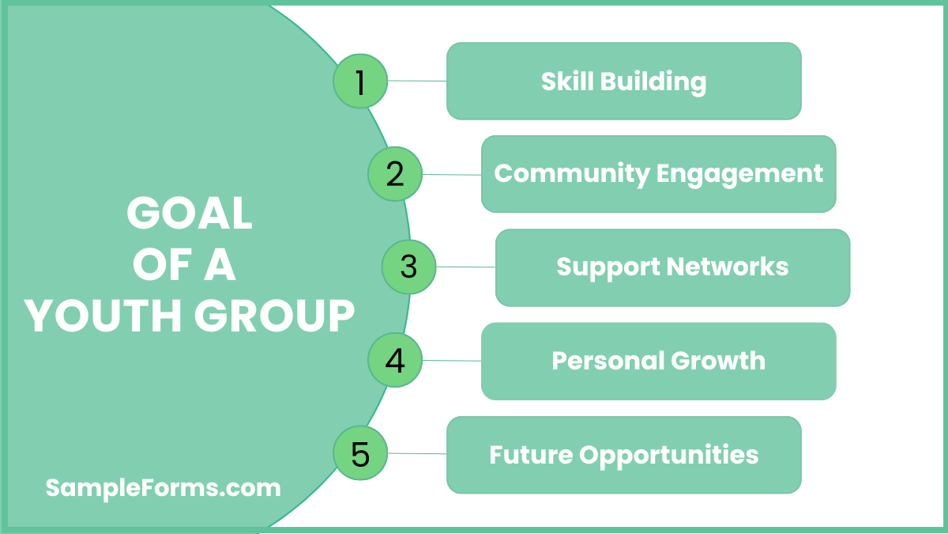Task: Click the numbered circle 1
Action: pyautogui.click(x=360, y=81)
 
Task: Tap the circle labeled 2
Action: pyautogui.click(x=395, y=174)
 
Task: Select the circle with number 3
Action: pyautogui.click(x=408, y=267)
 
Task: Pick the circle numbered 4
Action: pyautogui.click(x=395, y=361)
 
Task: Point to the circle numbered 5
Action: pyautogui.click(x=360, y=454)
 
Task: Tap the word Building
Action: pyautogui.click(x=653, y=81)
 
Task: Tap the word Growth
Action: pyautogui.click(x=719, y=361)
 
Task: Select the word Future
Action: pyautogui.click(x=530, y=455)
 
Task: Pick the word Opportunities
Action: pyautogui.click(x=669, y=456)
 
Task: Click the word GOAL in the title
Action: pyautogui.click(x=190, y=214)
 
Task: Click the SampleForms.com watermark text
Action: pyautogui.click(x=163, y=487)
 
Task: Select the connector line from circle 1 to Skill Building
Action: pyautogui.click(x=417, y=81)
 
